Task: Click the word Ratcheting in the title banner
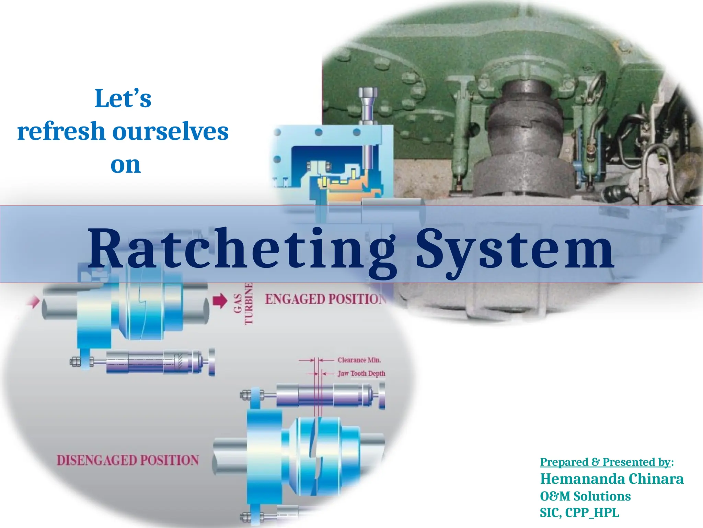tap(240, 249)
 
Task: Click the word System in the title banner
tap(515, 249)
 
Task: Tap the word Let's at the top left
tap(123, 99)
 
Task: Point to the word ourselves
tap(171, 132)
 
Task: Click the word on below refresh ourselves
tap(125, 165)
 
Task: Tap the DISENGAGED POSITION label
tap(128, 460)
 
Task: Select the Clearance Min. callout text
tap(359, 360)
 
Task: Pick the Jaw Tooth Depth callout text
tap(361, 373)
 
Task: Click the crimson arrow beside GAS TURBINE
tap(220, 300)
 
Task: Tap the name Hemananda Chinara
tap(612, 479)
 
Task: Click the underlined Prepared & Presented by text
tap(605, 462)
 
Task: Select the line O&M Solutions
tap(585, 496)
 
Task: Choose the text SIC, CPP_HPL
tap(579, 513)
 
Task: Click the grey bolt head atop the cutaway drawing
tap(368, 93)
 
